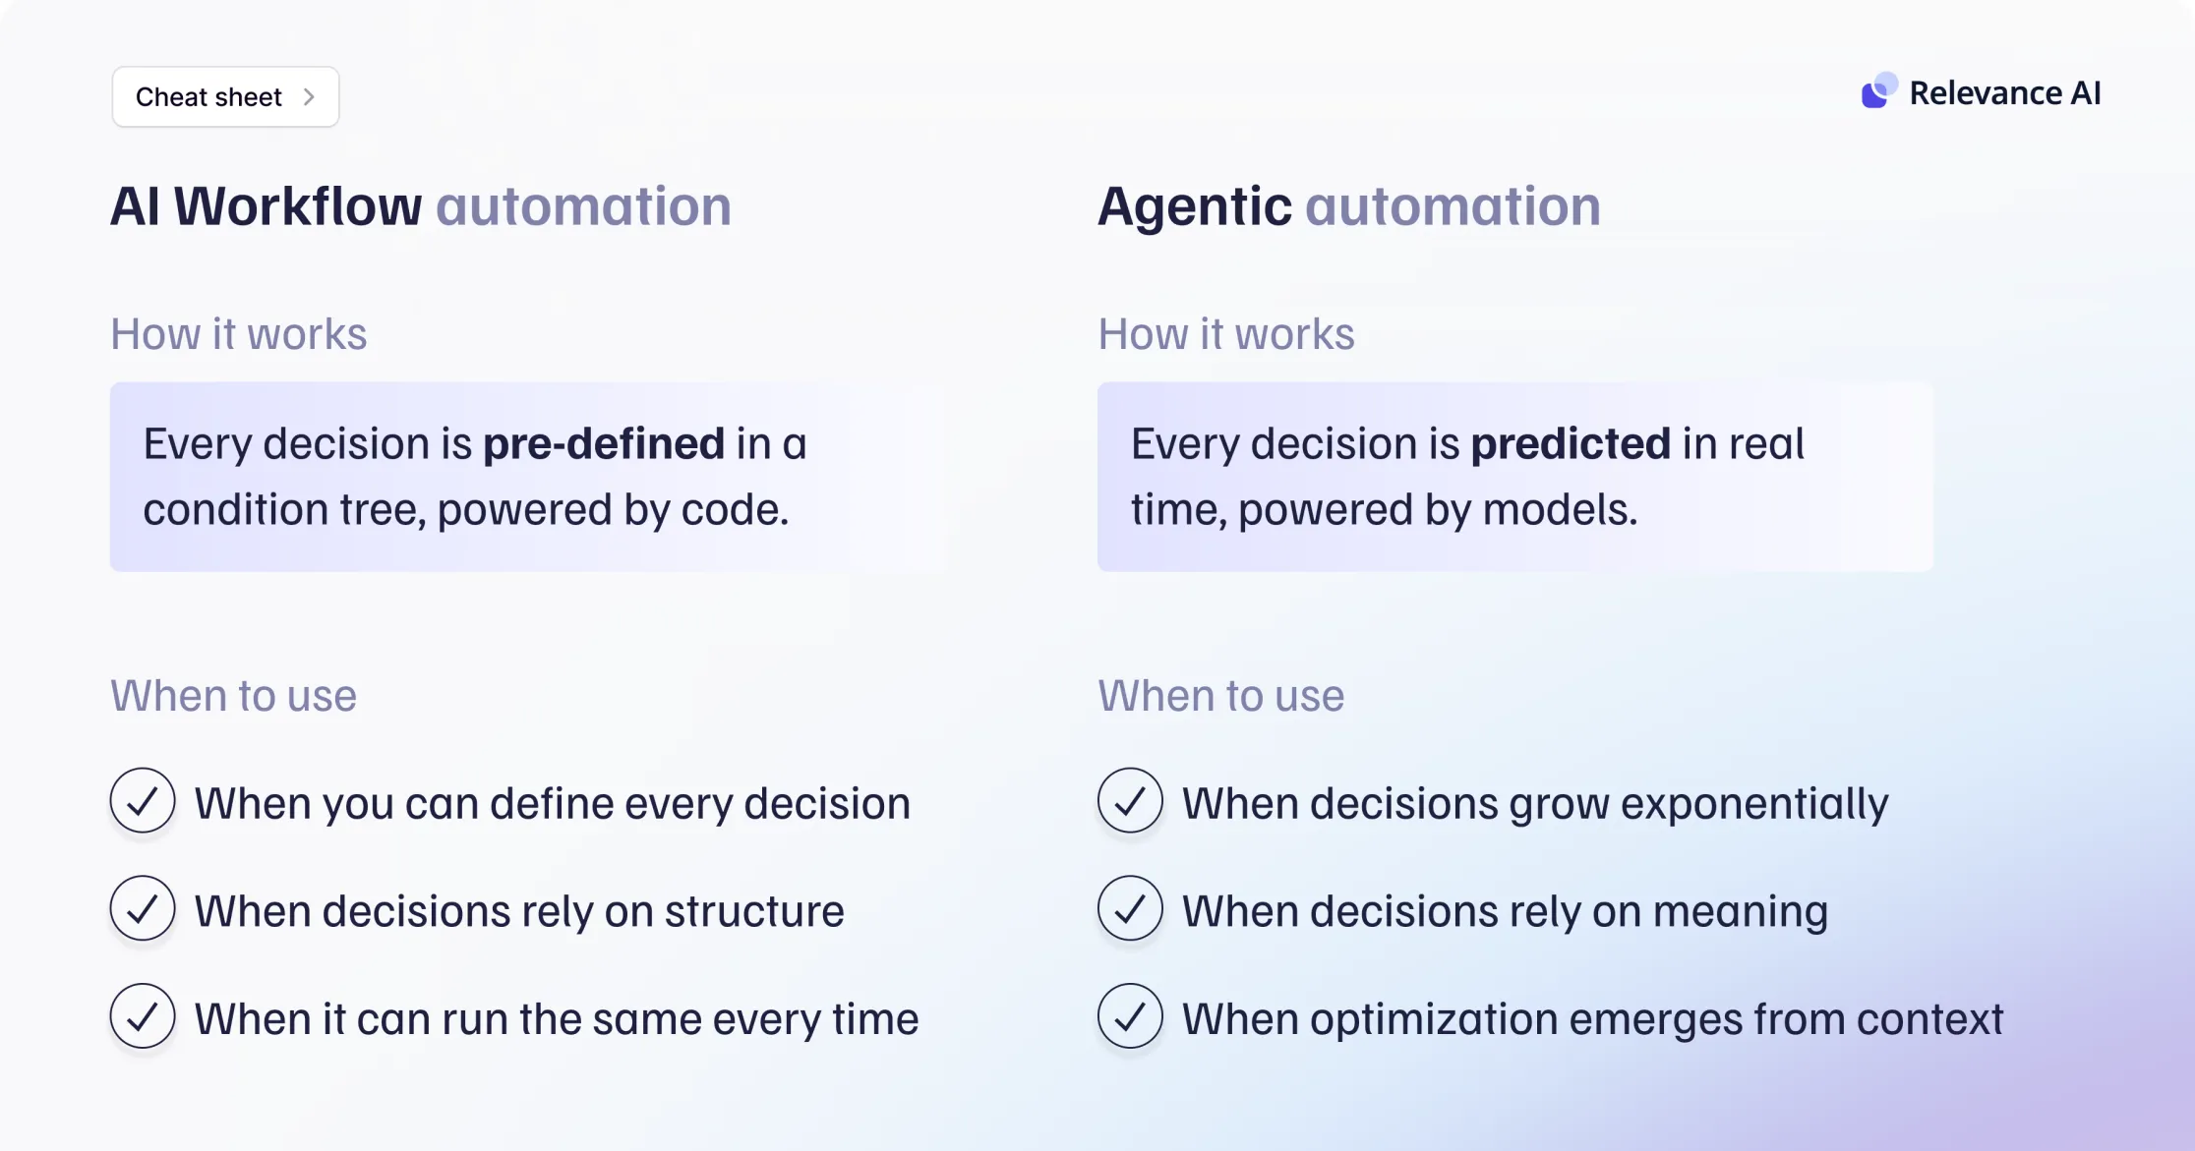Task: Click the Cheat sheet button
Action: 225,96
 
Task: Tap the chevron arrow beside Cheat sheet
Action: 309,96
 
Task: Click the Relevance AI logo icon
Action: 1878,90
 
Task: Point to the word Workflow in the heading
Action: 298,206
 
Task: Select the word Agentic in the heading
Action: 1195,208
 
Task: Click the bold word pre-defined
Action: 604,443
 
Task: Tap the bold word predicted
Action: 1571,443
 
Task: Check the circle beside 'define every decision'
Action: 143,800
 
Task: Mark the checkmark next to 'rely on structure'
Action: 143,908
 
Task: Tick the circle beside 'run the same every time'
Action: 143,1016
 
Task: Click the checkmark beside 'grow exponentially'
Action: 1130,800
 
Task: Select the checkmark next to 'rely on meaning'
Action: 1130,908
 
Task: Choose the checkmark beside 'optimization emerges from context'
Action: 1130,1016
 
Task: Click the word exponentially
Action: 1754,805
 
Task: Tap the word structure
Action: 754,911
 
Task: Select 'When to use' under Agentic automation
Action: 1220,696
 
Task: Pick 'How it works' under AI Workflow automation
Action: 238,334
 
